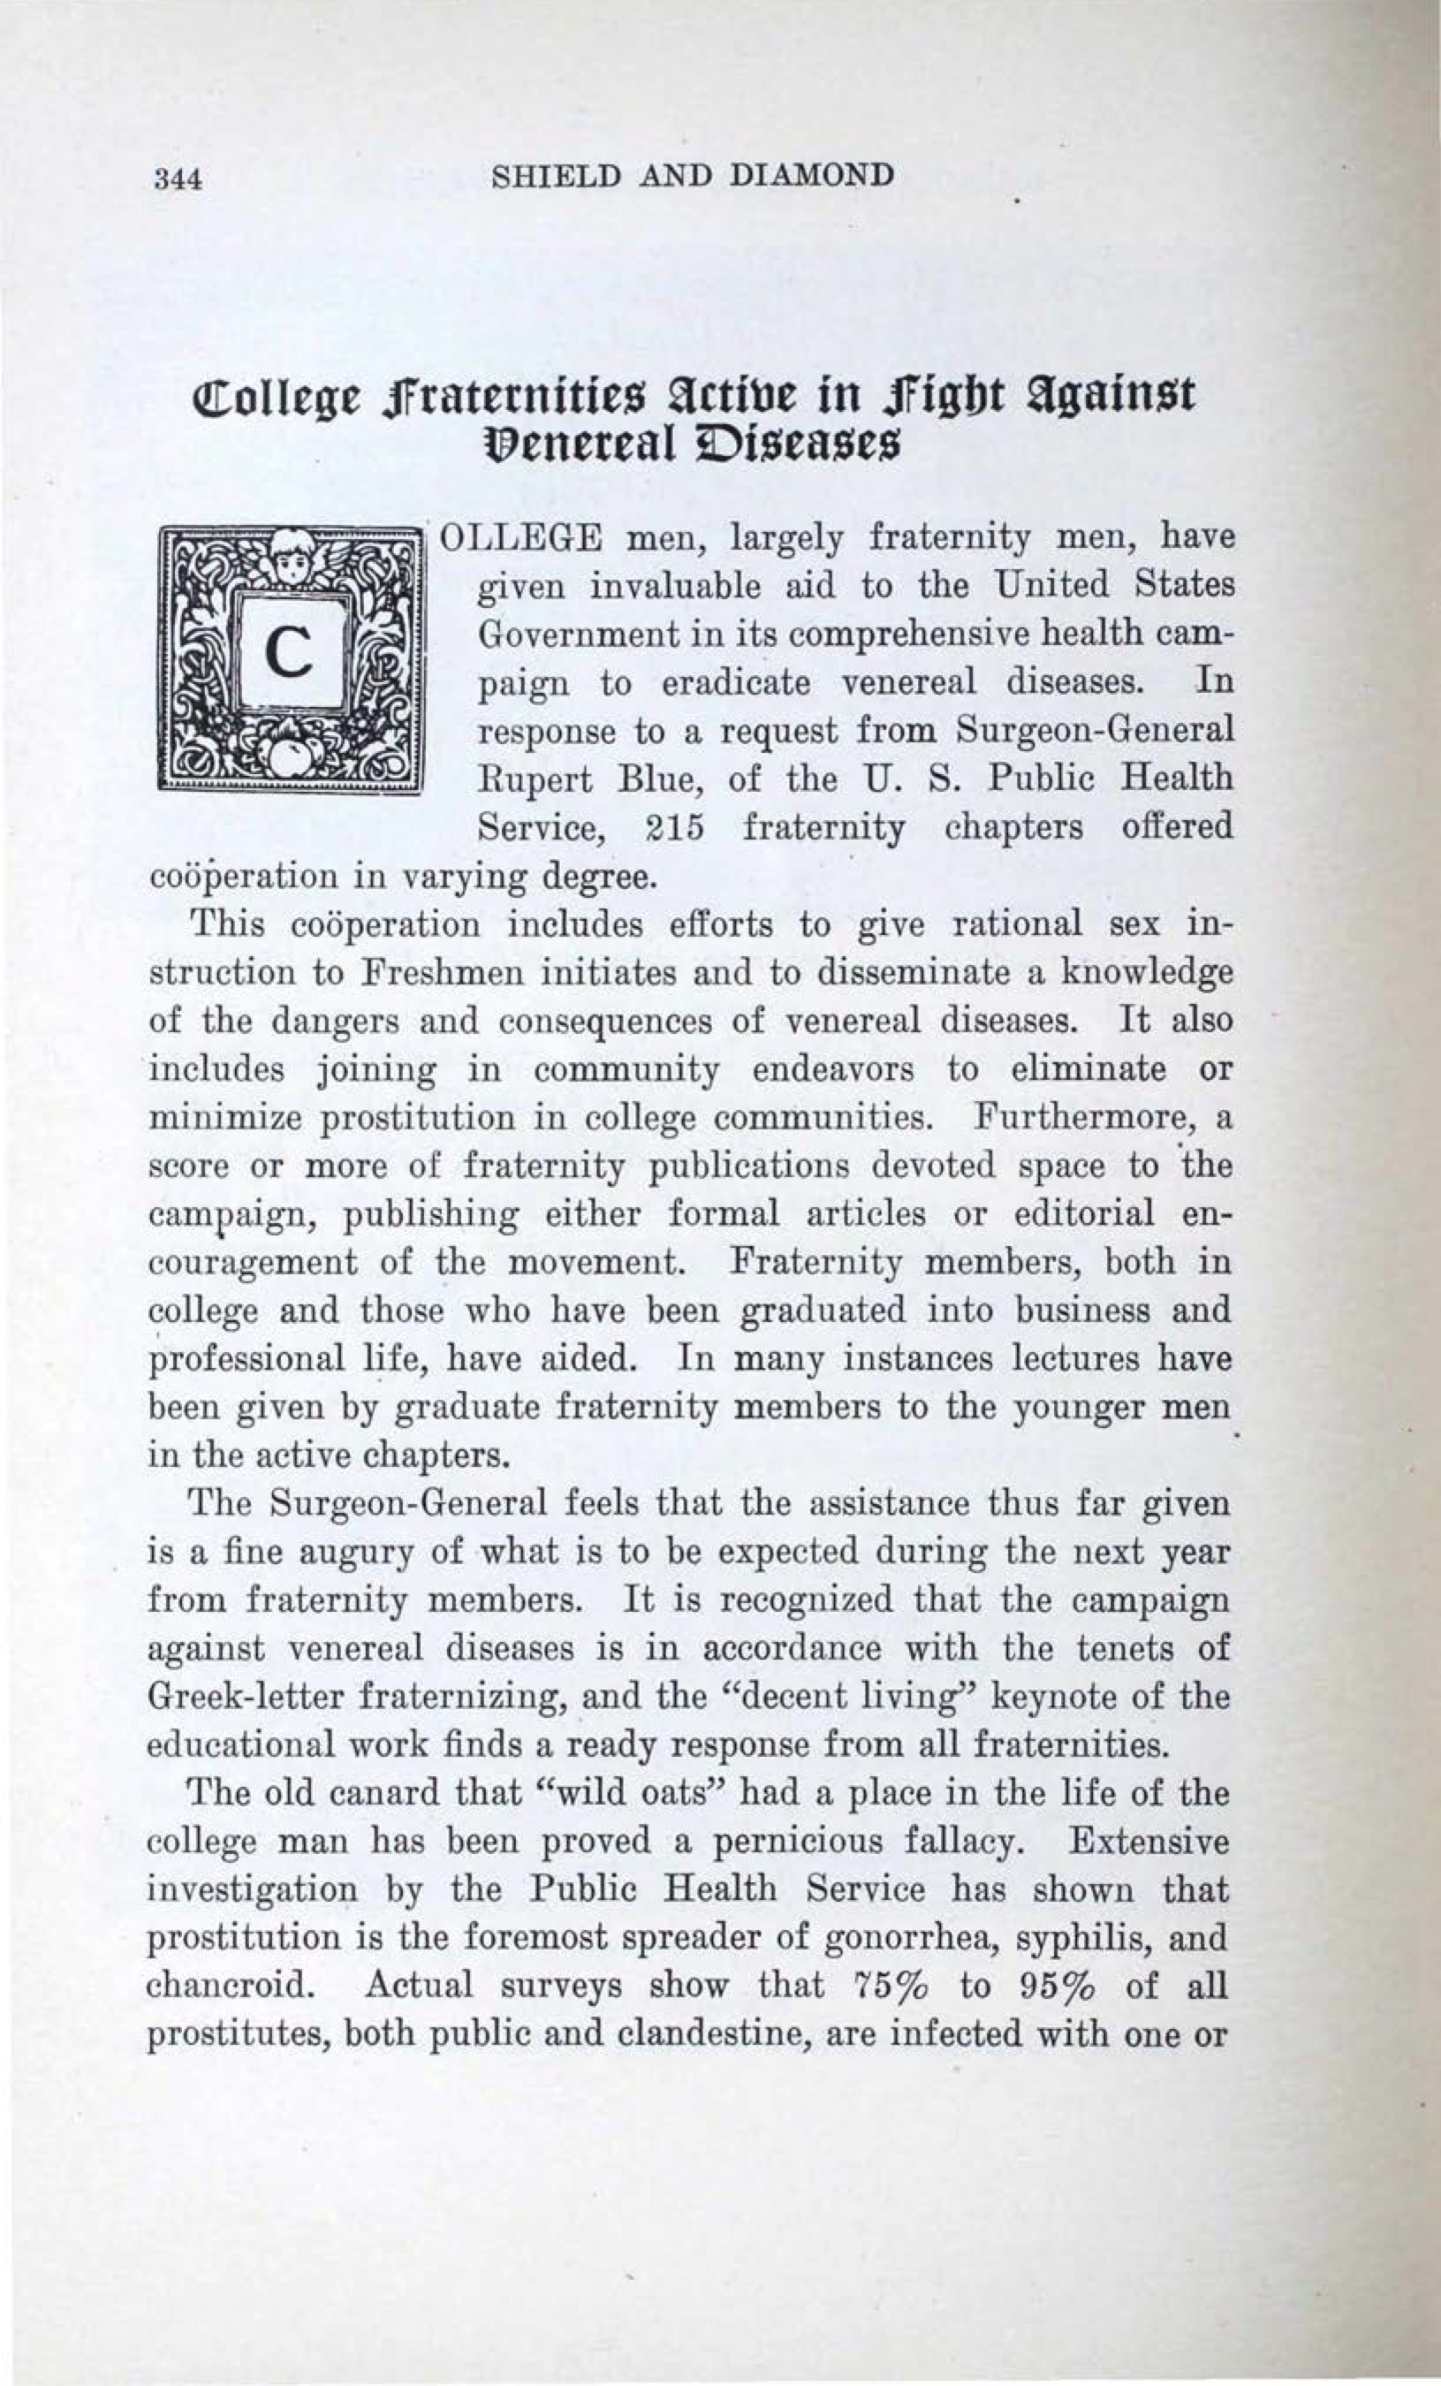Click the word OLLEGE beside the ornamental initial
pos(524,538)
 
